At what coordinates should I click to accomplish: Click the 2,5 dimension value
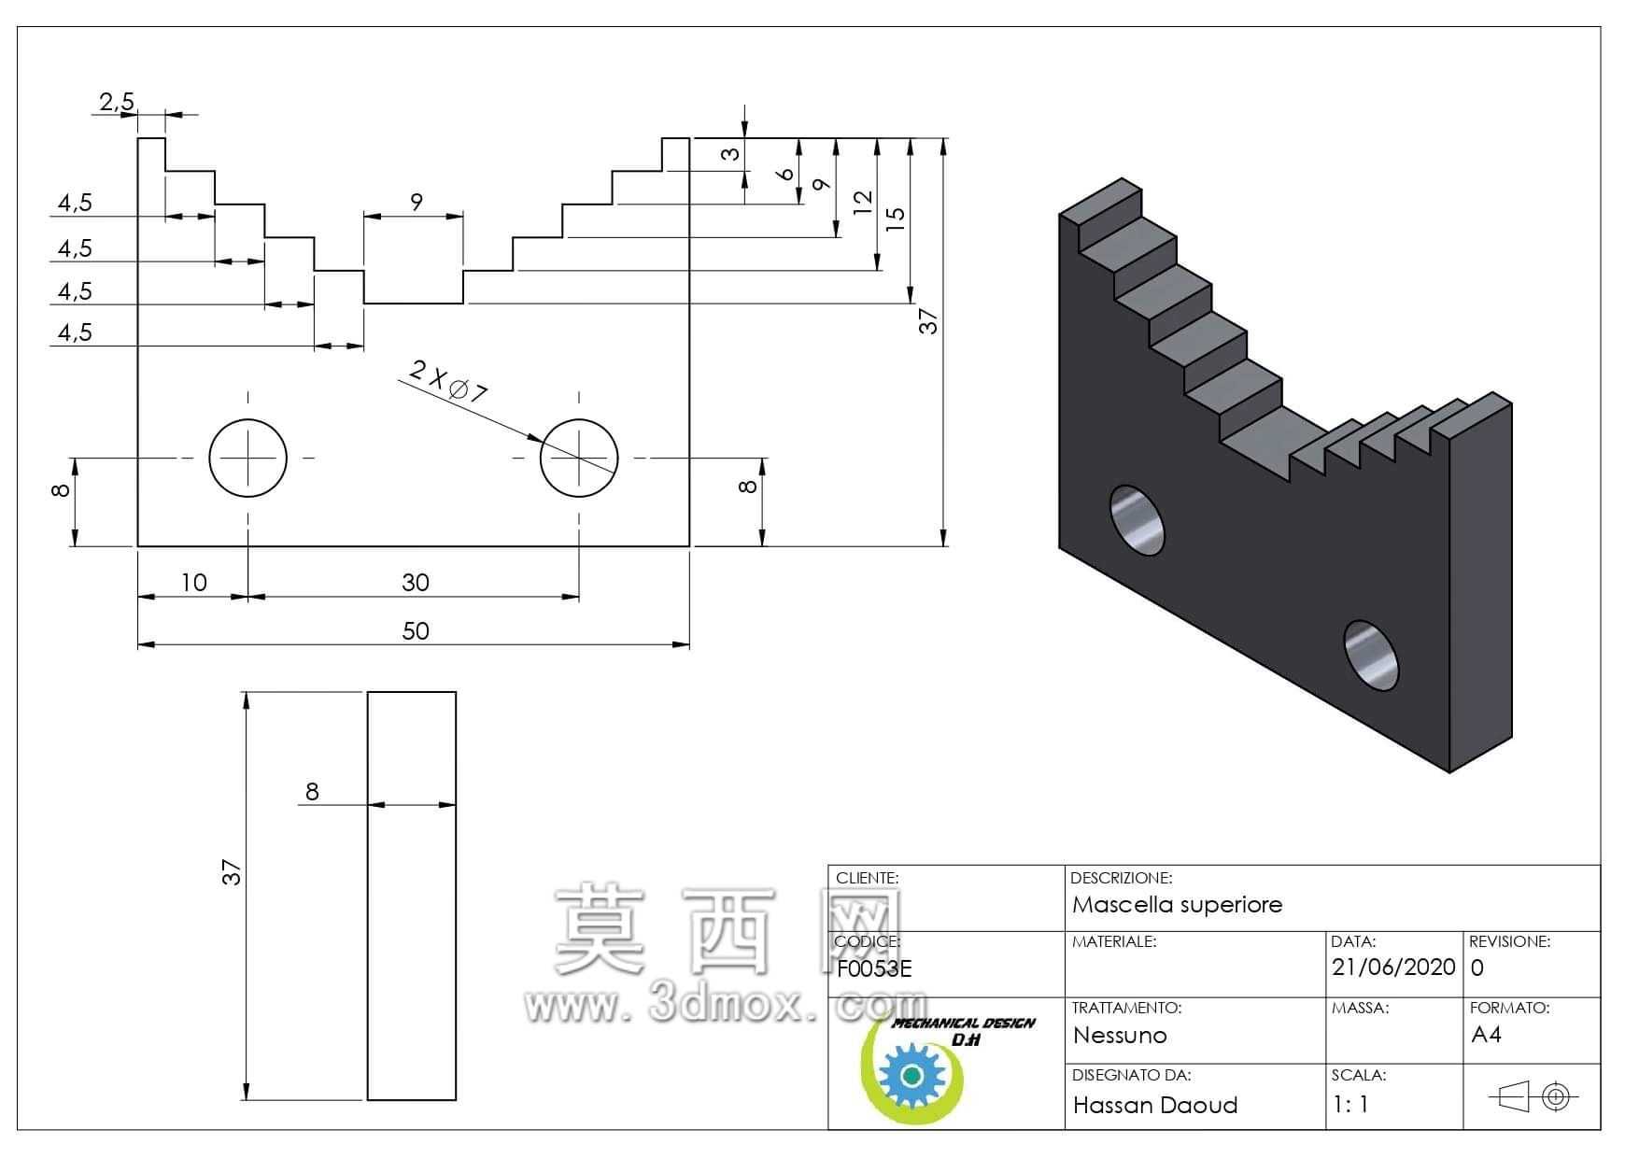pyautogui.click(x=117, y=101)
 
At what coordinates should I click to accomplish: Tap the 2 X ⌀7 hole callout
pyautogui.click(x=449, y=380)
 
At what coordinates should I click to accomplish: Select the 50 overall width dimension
pyautogui.click(x=416, y=631)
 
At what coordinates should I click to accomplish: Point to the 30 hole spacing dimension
pyautogui.click(x=416, y=583)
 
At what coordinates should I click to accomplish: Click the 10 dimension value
pyautogui.click(x=193, y=583)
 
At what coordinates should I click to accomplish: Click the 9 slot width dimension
pyautogui.click(x=417, y=201)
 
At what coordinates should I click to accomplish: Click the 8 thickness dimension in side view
pyautogui.click(x=312, y=792)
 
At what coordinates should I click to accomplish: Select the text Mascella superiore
pyautogui.click(x=1177, y=904)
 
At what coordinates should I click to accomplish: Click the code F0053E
pyautogui.click(x=874, y=968)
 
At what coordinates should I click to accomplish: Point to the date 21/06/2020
pyautogui.click(x=1393, y=967)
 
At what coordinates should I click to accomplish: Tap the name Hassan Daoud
pyautogui.click(x=1155, y=1105)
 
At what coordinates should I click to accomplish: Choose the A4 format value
pyautogui.click(x=1486, y=1034)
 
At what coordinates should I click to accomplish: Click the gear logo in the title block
pyautogui.click(x=913, y=1076)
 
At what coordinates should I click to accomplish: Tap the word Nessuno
pyautogui.click(x=1120, y=1035)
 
